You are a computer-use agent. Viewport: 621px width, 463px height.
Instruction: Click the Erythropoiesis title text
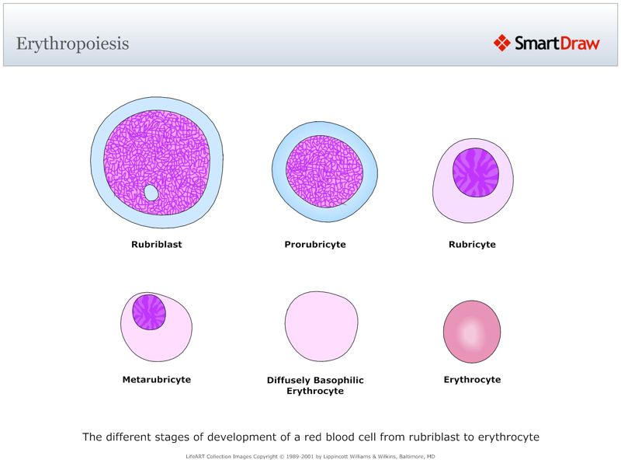click(x=72, y=43)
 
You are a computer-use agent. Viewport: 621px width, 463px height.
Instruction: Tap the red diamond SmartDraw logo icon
click(x=501, y=43)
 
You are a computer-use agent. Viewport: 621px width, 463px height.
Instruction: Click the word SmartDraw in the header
click(x=557, y=43)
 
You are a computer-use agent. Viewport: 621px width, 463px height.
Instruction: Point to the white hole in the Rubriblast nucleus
click(x=151, y=192)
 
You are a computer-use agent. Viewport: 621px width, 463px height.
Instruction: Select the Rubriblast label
click(x=156, y=245)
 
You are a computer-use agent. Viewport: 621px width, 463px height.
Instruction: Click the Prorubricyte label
click(x=315, y=245)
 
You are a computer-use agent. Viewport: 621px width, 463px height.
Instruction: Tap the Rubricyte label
click(x=472, y=245)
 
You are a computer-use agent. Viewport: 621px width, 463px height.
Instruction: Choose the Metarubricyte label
click(x=156, y=380)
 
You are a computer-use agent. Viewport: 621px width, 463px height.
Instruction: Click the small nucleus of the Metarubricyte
click(x=148, y=312)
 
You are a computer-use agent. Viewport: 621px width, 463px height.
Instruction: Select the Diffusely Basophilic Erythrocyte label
click(x=315, y=385)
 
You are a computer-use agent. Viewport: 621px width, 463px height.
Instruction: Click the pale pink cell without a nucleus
click(x=321, y=327)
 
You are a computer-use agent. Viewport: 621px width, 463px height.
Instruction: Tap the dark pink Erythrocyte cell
click(x=471, y=332)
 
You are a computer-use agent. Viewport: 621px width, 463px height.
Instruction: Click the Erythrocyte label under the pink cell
click(x=472, y=380)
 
